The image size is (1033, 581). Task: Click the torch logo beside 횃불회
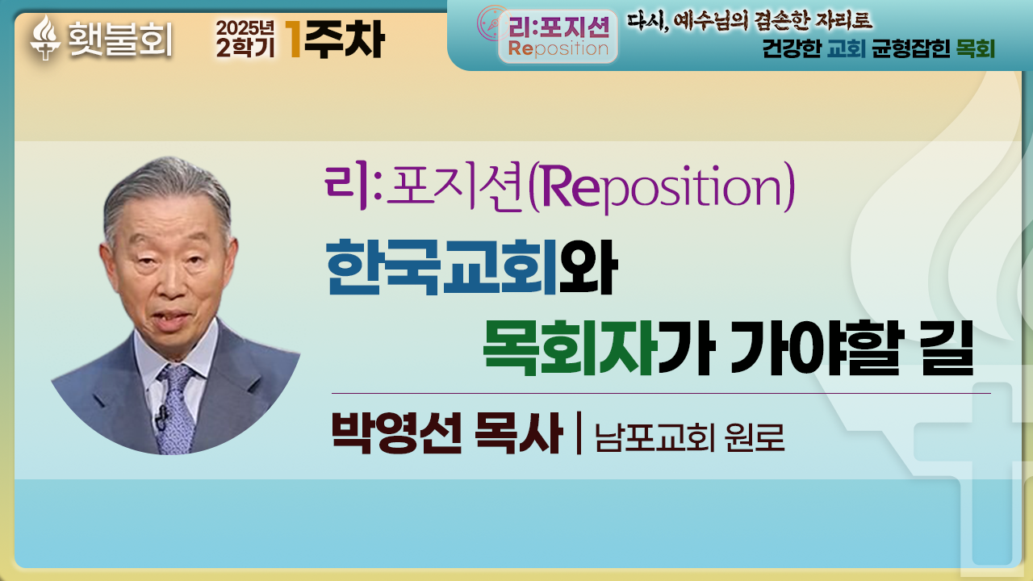coord(45,37)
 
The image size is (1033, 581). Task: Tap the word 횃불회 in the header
coord(120,40)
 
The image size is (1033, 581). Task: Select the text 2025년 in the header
coord(245,28)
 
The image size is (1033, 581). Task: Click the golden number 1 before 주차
coord(294,40)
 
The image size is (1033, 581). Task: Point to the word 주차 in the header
coord(344,40)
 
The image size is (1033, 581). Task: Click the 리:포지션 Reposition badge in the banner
coord(558,37)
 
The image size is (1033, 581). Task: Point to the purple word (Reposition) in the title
coord(661,188)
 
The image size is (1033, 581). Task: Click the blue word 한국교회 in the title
coord(441,267)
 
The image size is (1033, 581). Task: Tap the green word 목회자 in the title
coord(570,347)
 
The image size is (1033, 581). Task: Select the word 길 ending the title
coord(947,347)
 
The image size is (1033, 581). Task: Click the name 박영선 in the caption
coord(396,433)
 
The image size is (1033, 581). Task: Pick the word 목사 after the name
coord(518,433)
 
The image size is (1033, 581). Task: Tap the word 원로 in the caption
coord(755,437)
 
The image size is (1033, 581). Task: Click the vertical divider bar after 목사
coord(579,433)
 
